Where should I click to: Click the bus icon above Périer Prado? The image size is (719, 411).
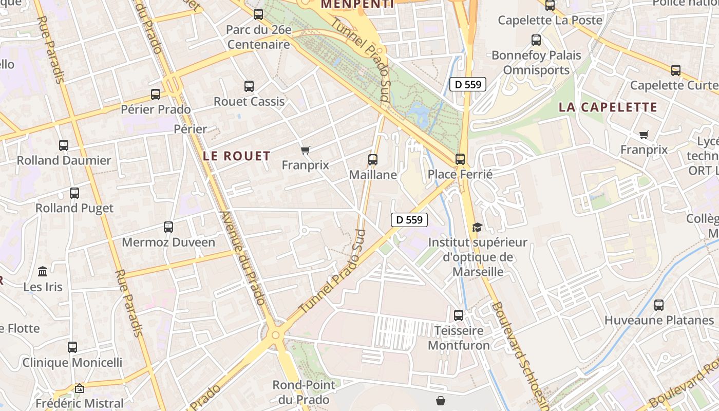156,94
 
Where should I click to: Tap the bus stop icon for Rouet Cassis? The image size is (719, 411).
249,86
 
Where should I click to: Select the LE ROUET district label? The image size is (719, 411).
237,156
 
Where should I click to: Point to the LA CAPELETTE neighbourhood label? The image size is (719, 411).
608,107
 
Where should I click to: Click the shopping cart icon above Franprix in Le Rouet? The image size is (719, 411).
306,150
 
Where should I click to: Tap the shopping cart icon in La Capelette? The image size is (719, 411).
644,135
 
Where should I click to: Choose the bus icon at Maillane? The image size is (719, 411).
373,159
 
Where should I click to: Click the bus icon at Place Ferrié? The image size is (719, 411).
460,159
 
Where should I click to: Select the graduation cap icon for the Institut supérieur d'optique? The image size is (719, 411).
477,227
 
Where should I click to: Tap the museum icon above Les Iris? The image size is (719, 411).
43,271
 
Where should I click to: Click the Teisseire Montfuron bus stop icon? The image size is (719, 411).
459,315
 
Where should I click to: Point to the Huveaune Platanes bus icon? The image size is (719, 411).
659,305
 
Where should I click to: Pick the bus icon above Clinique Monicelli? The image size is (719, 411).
72,347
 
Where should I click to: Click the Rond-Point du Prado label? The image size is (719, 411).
304,392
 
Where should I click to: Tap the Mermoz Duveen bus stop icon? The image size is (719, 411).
168,227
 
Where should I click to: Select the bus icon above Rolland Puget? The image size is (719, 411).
74,193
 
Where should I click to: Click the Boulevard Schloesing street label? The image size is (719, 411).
519,354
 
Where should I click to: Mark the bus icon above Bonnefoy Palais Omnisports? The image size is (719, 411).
536,40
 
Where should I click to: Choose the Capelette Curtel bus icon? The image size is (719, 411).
676,70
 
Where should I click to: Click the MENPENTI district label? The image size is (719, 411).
357,5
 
